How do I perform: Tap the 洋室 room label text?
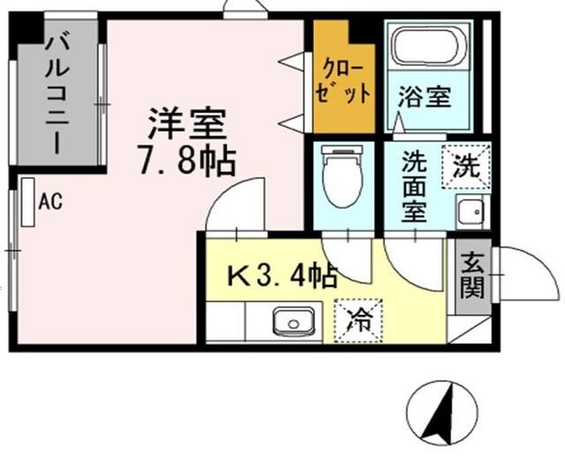[188, 124]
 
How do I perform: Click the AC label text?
[49, 201]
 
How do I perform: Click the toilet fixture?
[340, 177]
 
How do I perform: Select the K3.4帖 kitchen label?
[283, 277]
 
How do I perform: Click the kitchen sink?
[291, 322]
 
